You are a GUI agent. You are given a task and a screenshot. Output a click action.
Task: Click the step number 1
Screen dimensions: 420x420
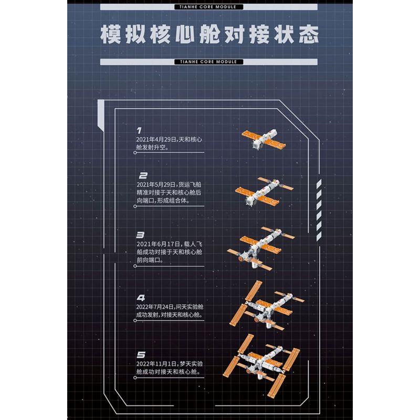139,130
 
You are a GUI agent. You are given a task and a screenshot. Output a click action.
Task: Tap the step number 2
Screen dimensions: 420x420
143,176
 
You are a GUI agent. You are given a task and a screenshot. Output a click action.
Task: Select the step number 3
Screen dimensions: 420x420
140,235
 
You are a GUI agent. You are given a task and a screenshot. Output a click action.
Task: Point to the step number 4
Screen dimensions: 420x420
141,298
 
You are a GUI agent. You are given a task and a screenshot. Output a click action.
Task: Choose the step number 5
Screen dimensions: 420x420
140,355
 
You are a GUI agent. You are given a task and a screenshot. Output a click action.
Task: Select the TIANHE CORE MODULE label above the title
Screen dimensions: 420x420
210,7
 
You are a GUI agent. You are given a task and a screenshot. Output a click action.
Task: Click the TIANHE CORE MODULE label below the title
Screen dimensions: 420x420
210,62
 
